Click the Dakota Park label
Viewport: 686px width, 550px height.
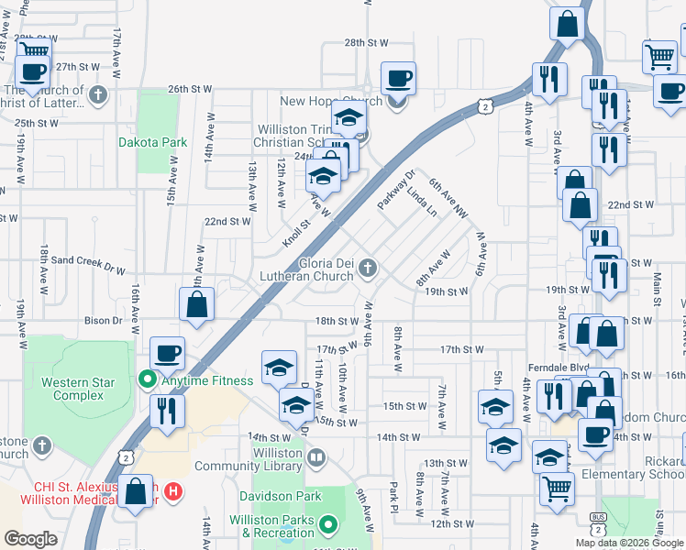click(152, 142)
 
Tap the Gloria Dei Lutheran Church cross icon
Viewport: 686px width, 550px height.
click(368, 268)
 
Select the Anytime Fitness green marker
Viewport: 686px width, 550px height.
click(146, 379)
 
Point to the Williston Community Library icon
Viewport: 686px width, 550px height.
click(316, 456)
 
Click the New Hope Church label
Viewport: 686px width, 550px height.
click(318, 101)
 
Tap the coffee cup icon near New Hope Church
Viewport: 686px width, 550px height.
click(398, 78)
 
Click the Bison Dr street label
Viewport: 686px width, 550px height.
click(104, 321)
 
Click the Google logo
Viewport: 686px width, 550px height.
click(30, 539)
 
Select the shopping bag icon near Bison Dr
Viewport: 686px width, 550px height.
click(197, 305)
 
